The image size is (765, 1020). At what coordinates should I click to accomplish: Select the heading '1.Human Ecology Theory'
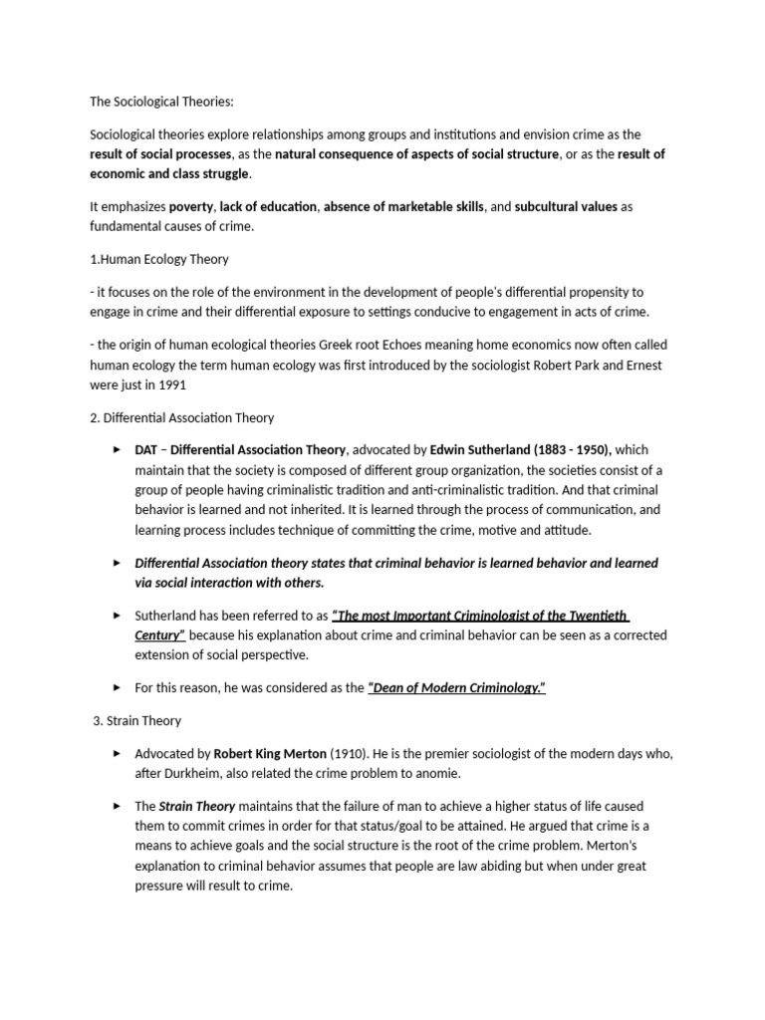[159, 259]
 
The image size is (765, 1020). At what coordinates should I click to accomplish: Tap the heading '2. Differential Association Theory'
[181, 417]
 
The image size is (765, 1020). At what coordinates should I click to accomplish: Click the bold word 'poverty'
[191, 206]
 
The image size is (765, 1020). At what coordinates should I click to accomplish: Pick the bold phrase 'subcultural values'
[566, 206]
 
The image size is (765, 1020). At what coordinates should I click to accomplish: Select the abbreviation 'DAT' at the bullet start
[146, 450]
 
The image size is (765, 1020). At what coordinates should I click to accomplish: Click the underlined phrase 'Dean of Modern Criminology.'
[457, 687]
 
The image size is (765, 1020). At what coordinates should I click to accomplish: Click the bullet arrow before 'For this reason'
[119, 687]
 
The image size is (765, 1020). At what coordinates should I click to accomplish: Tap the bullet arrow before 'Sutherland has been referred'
[119, 616]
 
